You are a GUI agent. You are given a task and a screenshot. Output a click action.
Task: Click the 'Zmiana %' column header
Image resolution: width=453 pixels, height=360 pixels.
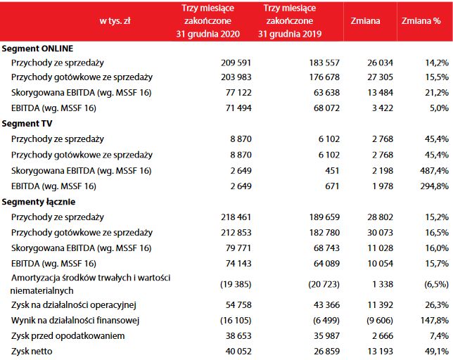pyautogui.click(x=421, y=21)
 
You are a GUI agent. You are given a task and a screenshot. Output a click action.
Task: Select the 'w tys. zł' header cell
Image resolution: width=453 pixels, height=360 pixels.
pyautogui.click(x=115, y=21)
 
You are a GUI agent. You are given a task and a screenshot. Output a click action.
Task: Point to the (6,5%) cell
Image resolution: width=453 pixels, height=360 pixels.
pyautogui.click(x=433, y=283)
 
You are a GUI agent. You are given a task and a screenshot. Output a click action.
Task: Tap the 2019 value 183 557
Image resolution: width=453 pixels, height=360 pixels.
pyautogui.click(x=324, y=63)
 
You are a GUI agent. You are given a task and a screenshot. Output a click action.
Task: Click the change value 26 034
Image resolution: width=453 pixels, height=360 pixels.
pyautogui.click(x=378, y=63)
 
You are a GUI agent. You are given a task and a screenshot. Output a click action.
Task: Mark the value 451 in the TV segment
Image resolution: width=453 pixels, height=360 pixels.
pyautogui.click(x=331, y=171)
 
